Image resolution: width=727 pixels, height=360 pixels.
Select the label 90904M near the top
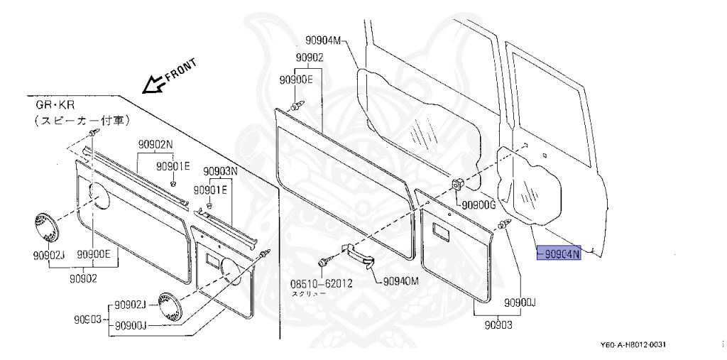[x=324, y=40]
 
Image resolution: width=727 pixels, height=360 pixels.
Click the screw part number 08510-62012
[x=322, y=283]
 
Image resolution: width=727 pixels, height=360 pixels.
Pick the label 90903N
[x=220, y=171]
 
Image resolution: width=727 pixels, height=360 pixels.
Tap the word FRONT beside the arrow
[x=180, y=69]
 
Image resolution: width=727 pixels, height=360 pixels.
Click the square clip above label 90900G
[x=458, y=185]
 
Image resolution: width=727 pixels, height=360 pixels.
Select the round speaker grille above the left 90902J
[x=45, y=229]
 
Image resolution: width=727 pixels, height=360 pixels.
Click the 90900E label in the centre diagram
[x=296, y=80]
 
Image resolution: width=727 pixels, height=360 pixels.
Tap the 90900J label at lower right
[x=520, y=303]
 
